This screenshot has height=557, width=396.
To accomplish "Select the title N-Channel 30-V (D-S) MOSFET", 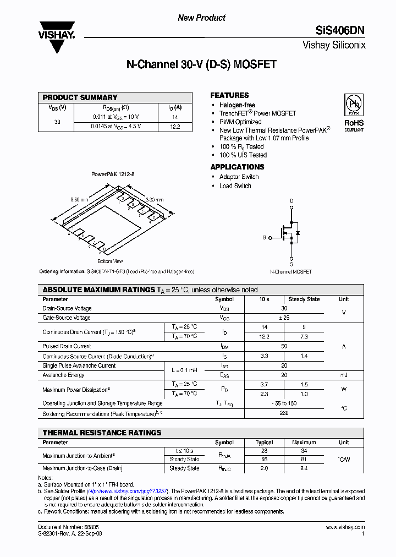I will tap(201, 64).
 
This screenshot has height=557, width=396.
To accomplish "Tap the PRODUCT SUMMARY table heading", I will tap(80, 97).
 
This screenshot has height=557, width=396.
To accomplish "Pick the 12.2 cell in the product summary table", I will tap(175, 127).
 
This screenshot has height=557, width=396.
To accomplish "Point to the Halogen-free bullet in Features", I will tap(237, 105).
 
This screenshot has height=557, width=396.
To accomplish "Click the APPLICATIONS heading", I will tap(237, 167).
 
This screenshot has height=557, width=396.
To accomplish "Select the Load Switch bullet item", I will tap(235, 186).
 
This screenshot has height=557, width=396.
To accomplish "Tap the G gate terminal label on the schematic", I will tap(264, 237).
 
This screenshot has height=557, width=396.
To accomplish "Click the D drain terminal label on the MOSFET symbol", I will tap(291, 201).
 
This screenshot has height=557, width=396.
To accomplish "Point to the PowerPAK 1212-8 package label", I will tap(113, 174).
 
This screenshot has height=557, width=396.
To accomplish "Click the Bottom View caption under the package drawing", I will tap(110, 261).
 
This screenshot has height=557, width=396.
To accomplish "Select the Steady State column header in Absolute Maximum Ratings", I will tap(304, 299).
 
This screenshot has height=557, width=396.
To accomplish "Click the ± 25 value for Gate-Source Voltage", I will tap(284, 318).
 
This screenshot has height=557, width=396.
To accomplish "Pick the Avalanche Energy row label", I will tap(63, 375).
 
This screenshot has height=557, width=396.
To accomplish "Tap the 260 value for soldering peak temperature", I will tap(284, 413).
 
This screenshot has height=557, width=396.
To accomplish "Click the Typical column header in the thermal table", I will tap(264, 443).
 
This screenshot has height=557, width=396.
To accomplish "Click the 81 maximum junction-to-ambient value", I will tap(304, 459).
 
